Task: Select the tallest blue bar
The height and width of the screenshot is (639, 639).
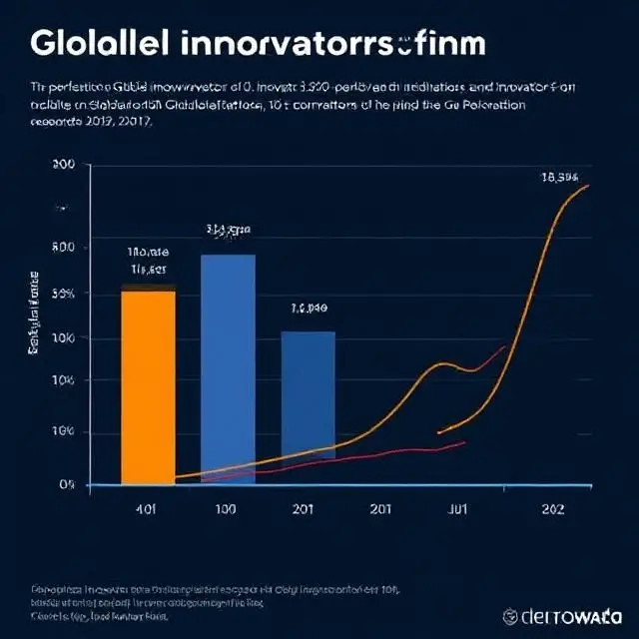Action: tap(228, 367)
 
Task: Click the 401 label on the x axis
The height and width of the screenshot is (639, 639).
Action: tap(146, 509)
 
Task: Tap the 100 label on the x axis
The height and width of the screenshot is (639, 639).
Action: tap(227, 509)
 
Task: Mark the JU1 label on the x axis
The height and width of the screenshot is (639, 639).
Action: tap(456, 509)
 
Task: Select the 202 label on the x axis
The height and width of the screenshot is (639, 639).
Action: tap(551, 509)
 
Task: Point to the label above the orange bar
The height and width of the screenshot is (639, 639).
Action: tap(148, 261)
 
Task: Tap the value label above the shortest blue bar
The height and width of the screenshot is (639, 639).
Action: tap(309, 309)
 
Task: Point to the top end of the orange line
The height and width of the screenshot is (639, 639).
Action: tap(588, 186)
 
